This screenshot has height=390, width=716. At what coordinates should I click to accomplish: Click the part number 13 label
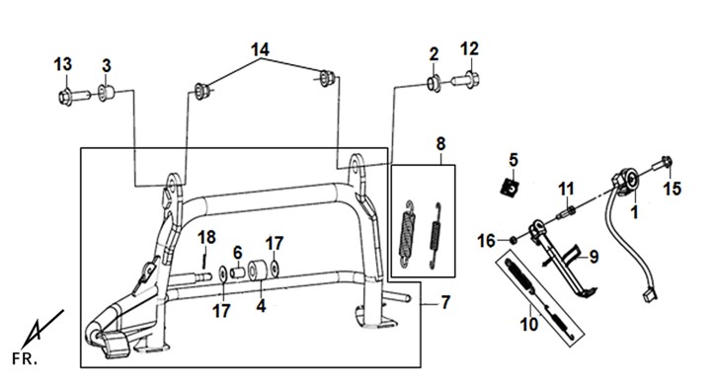pyautogui.click(x=63, y=64)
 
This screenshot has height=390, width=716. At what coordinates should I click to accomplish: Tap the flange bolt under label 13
pyautogui.click(x=74, y=98)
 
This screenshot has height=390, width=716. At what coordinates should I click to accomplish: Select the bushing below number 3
pyautogui.click(x=107, y=93)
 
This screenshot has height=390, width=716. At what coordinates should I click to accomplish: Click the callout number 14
pyautogui.click(x=260, y=49)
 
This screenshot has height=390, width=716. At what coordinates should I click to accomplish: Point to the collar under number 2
pyautogui.click(x=434, y=84)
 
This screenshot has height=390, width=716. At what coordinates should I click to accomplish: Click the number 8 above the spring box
pyautogui.click(x=440, y=144)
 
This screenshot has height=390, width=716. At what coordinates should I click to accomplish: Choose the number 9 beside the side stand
pyautogui.click(x=594, y=257)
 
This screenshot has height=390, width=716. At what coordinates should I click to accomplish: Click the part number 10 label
pyautogui.click(x=529, y=325)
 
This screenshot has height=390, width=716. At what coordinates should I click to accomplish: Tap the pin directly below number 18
pyautogui.click(x=204, y=261)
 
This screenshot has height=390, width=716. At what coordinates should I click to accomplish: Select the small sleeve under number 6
pyautogui.click(x=238, y=273)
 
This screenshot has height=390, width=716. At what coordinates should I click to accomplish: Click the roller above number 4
pyautogui.click(x=257, y=271)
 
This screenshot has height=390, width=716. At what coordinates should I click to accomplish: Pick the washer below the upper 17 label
pyautogui.click(x=275, y=269)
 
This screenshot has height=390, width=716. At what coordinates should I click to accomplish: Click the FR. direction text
pyautogui.click(x=25, y=359)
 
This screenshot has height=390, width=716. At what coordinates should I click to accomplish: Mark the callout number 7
pyautogui.click(x=445, y=303)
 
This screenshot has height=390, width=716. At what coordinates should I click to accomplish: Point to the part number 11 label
pyautogui.click(x=566, y=189)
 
